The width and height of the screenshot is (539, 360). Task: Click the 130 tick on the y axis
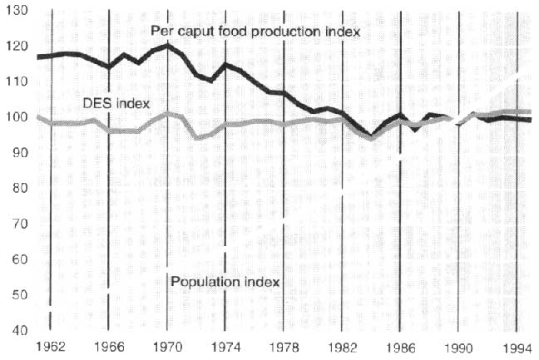17,10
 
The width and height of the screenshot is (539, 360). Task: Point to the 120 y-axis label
17,46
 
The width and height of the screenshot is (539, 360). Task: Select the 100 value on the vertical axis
17,117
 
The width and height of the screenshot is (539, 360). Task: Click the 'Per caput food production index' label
255,32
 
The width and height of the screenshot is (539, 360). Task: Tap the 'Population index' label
225,281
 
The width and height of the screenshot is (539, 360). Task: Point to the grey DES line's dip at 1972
197,137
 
